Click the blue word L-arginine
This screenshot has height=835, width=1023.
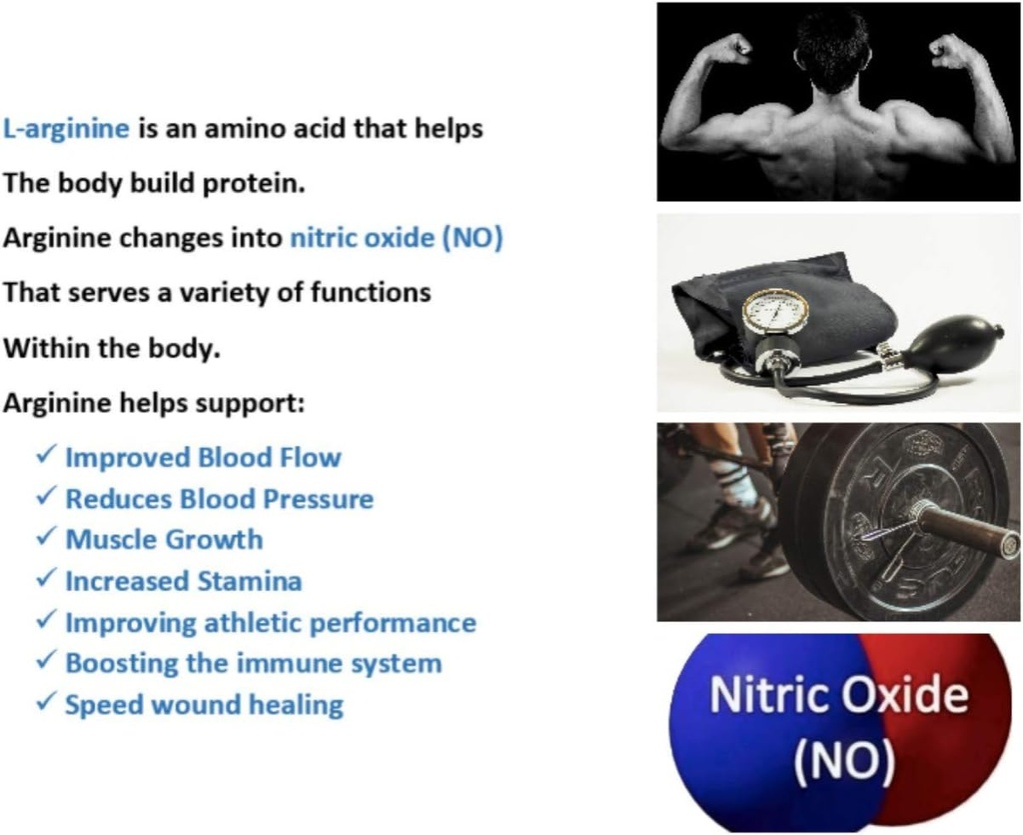(66, 129)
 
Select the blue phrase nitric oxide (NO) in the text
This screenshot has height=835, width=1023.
(396, 239)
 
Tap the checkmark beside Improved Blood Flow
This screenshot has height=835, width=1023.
(45, 456)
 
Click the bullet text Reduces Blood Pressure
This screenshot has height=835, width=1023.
(219, 499)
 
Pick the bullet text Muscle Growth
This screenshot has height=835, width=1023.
(164, 540)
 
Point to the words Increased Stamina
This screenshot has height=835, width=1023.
(183, 581)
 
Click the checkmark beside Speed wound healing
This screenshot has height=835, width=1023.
(45, 703)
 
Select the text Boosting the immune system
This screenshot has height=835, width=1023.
(253, 663)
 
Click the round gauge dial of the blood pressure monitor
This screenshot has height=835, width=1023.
(775, 311)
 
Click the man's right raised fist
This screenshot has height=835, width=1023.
(950, 48)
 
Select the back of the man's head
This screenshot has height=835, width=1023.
(831, 50)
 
